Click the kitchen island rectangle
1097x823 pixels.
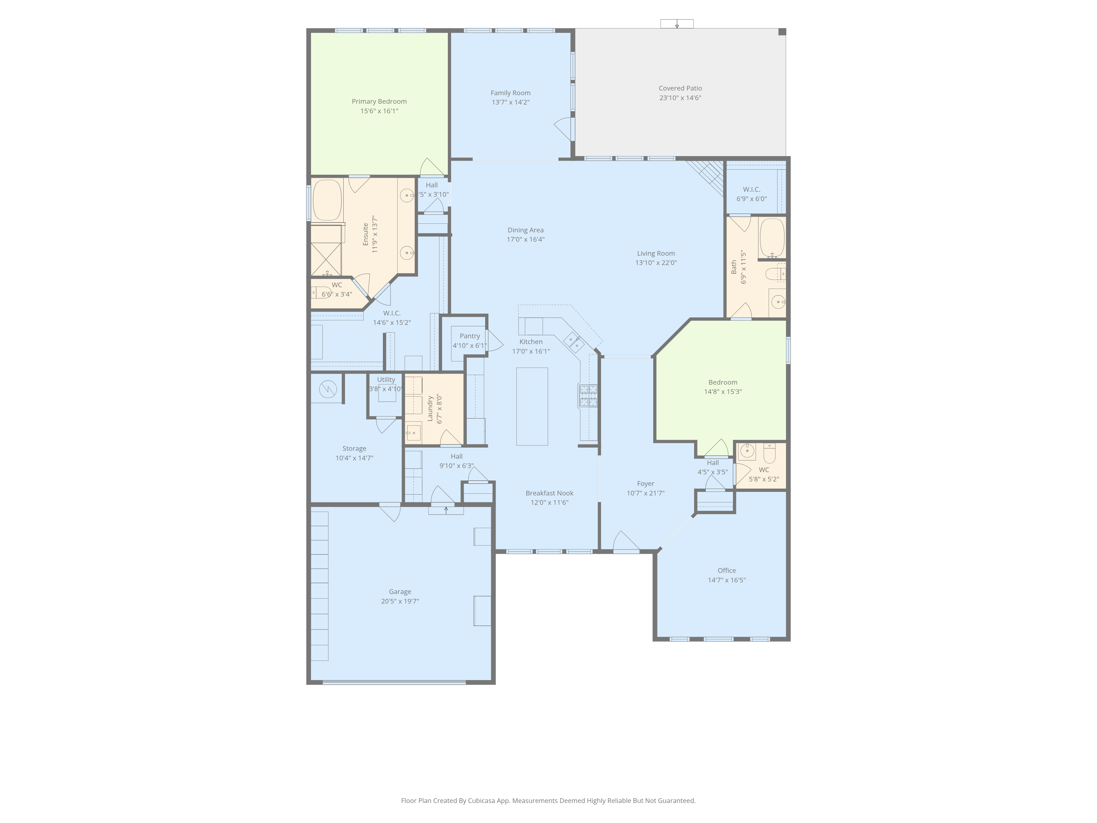click(532, 406)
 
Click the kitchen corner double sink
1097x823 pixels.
click(573, 342)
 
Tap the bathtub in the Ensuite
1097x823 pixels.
click(327, 200)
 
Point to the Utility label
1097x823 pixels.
click(386, 379)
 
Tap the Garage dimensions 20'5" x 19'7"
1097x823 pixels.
click(400, 601)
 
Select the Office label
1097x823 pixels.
click(726, 571)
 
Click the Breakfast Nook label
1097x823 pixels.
click(550, 493)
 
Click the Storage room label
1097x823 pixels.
click(354, 449)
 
